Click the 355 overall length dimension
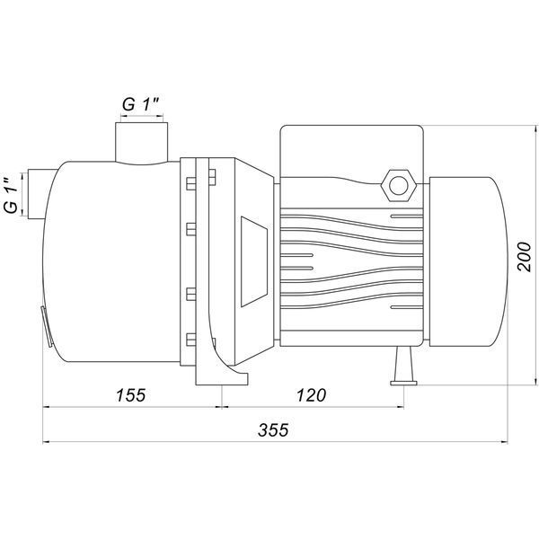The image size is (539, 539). click(273, 429)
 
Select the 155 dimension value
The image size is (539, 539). click(131, 395)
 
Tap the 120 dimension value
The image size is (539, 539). click(311, 395)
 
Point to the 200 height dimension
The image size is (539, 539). click(525, 257)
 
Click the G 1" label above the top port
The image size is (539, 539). click(141, 104)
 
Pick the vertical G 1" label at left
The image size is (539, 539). click(11, 195)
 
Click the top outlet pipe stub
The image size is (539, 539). click(142, 142)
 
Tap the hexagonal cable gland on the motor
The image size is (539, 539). click(398, 185)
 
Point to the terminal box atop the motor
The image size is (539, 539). click(351, 151)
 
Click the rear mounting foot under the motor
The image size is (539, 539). click(403, 366)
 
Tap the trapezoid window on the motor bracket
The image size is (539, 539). click(254, 261)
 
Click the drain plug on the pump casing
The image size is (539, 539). click(47, 327)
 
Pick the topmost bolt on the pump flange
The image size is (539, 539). click(191, 183)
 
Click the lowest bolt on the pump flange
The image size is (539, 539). click(191, 340)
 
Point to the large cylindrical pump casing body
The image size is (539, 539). click(111, 261)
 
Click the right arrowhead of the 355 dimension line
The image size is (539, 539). click(504, 442)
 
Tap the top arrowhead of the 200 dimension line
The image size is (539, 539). click(535, 129)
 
